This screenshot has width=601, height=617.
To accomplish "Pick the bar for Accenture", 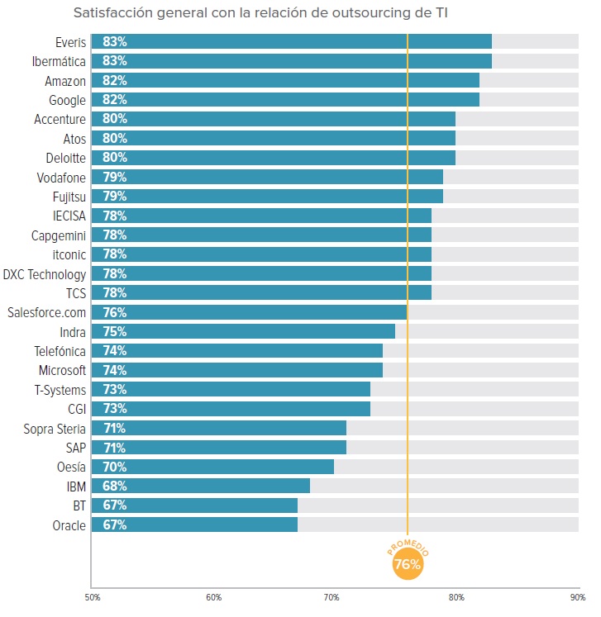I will tap(273, 119).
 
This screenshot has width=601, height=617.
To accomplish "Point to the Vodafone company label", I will tap(61, 177).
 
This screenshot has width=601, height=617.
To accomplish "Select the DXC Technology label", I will tap(45, 273).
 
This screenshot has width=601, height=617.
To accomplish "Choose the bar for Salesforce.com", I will tap(249, 312).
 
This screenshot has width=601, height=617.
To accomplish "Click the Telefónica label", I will tap(58, 350).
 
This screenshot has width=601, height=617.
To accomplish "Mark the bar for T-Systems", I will tap(231, 389).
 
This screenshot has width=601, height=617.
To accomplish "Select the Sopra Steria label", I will tap(55, 428).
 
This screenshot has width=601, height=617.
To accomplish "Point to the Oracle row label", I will tap(68, 524).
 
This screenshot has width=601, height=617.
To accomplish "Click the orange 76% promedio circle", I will tap(407, 565).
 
